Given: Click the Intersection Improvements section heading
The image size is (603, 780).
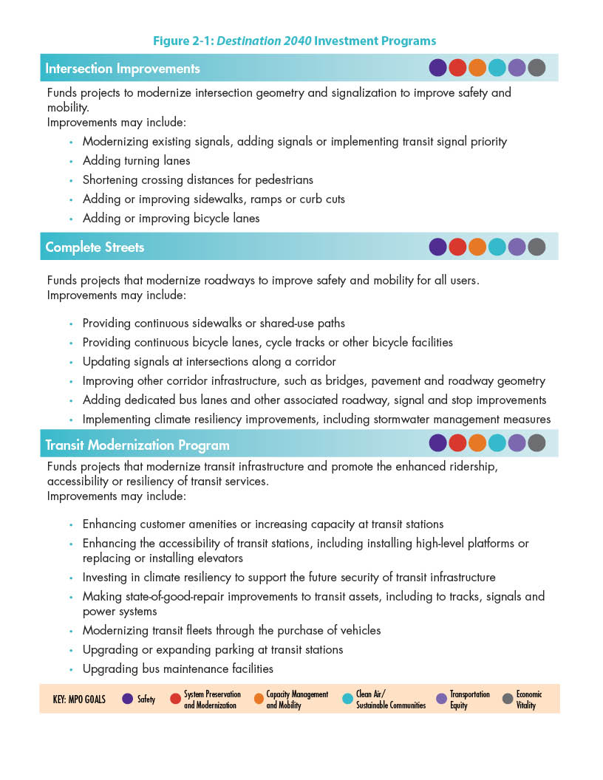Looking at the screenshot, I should coord(123,69).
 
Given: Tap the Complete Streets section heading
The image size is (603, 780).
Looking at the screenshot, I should coord(95,247).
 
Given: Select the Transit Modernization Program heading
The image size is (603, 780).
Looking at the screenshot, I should coord(137,445).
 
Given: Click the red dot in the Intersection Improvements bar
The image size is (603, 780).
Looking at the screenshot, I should coord(457,68).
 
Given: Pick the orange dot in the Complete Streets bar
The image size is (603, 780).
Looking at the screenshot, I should coord(477,247).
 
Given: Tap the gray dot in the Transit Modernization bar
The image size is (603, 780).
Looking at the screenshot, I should coord(536,443).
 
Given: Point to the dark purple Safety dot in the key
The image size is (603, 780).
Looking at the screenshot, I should coord(127,699).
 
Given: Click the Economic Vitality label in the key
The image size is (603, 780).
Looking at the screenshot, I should coord(528,699).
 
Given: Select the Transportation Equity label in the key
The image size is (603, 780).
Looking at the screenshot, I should coord(469,699).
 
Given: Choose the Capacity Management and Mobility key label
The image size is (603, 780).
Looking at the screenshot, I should coord(297,699).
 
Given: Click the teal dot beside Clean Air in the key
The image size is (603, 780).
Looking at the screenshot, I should coord(347,699).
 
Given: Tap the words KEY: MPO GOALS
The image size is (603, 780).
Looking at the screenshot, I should coord(73,699).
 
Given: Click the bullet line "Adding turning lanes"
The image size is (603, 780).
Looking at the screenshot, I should coord(136,160).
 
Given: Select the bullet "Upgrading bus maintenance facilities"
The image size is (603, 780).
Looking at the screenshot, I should coord(177,668).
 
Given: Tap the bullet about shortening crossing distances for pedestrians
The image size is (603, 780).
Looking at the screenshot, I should coord(197,179).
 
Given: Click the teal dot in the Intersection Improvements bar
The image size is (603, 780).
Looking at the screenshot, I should coord(497,68).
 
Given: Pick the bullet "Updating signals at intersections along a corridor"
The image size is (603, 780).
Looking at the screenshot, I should coord(209,362).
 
